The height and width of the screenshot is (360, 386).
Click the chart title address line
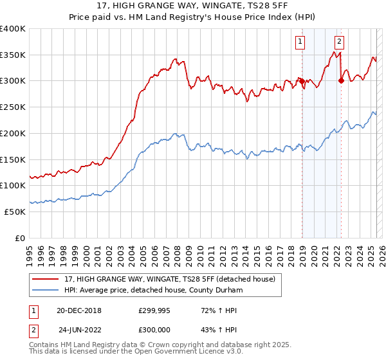(193, 6)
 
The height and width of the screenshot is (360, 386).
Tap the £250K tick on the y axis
(13, 107)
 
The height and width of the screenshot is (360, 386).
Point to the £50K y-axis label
(15, 211)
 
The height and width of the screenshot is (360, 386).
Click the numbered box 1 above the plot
(300, 42)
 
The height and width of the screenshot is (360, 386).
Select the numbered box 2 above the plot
(339, 42)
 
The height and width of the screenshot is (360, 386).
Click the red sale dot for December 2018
(301, 81)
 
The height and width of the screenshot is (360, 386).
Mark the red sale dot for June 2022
(341, 80)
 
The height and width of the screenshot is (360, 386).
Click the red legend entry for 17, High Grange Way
(170, 279)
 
